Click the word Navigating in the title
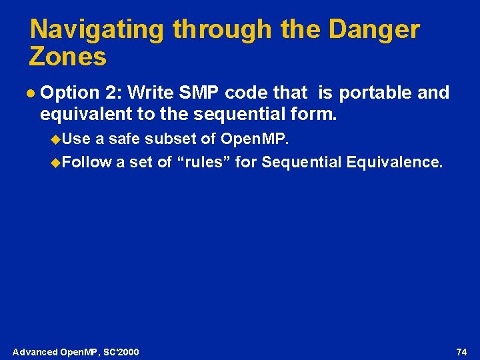pyautogui.click(x=97, y=30)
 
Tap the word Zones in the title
pyautogui.click(x=67, y=57)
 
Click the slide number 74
pyautogui.click(x=461, y=352)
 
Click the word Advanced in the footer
pyautogui.click(x=35, y=352)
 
